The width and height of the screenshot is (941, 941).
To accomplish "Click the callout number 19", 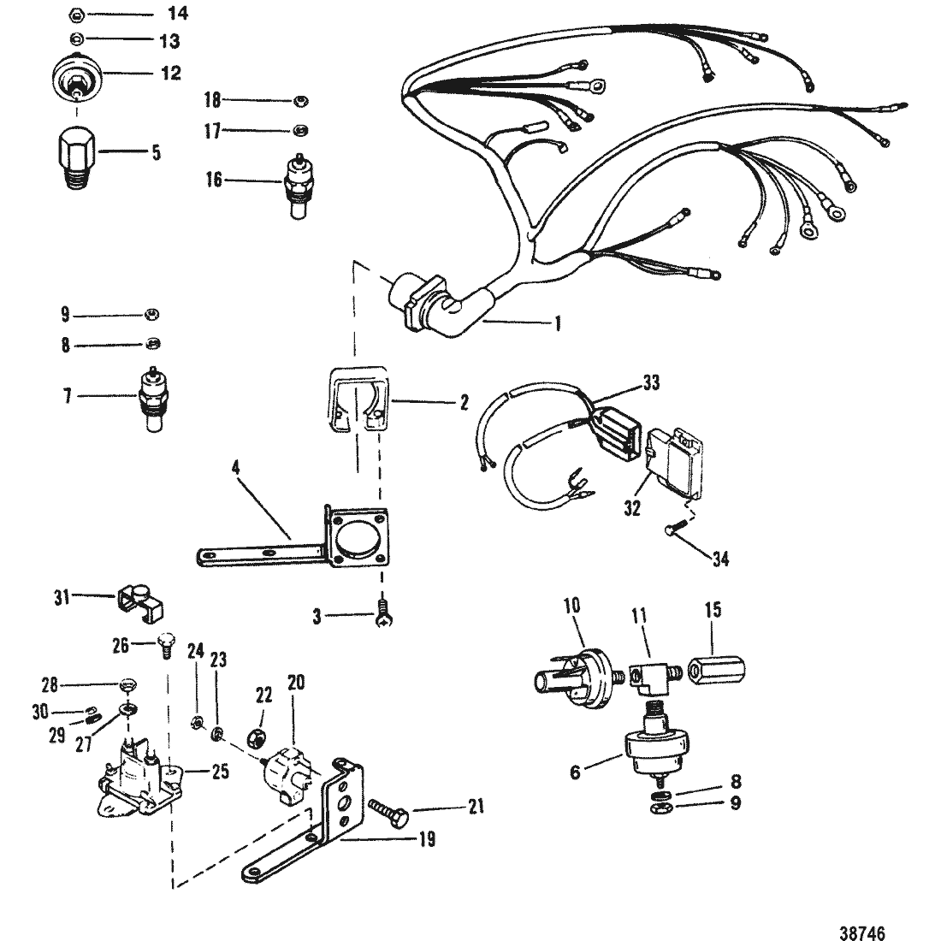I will pyautogui.click(x=425, y=840).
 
